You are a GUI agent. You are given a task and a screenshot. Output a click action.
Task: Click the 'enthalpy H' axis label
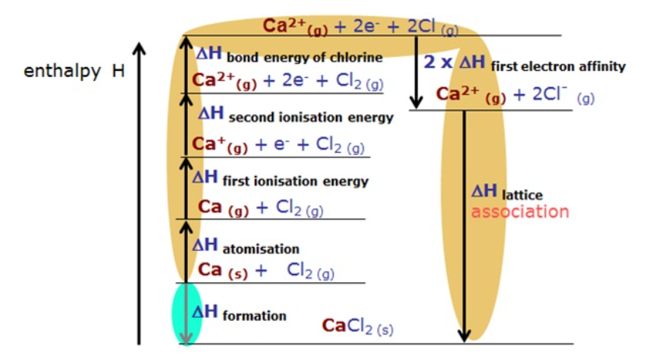tap(74, 72)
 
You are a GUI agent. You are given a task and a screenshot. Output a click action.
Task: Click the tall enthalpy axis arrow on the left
tap(140, 195)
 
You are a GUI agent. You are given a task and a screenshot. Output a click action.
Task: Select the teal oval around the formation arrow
tap(186, 313)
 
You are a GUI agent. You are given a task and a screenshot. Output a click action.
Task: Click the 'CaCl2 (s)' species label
tap(358, 326)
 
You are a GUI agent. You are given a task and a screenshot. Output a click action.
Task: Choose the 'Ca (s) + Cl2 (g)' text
tap(266, 270)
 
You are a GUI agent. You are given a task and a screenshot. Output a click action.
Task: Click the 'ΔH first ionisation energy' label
tap(280, 179)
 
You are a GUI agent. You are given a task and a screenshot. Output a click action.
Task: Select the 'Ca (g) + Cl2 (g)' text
tap(261, 207)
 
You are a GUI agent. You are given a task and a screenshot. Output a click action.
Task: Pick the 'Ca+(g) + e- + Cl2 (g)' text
tap(277, 146)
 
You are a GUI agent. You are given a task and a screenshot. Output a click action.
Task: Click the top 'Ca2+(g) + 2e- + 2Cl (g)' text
tap(359, 26)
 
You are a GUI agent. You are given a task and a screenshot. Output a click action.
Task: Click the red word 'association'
tap(520, 212)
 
